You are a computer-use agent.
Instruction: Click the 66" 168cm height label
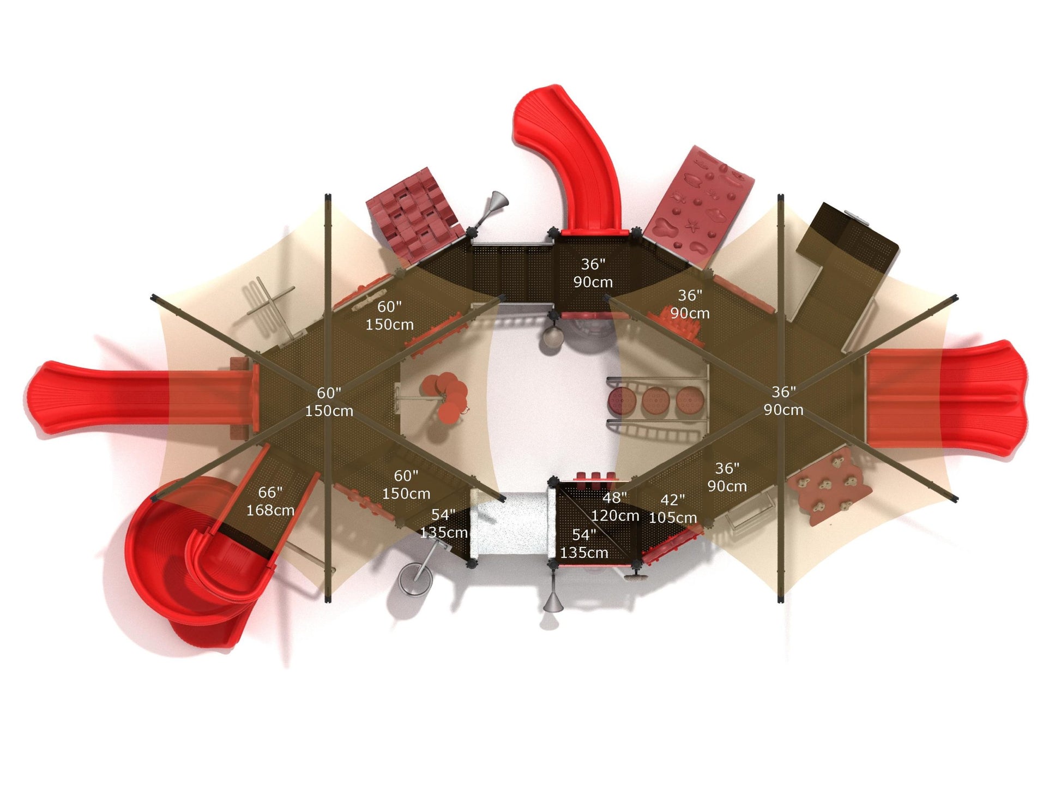tap(270, 501)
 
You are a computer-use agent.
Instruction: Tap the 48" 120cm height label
tap(615, 506)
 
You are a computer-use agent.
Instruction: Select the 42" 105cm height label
tap(673, 509)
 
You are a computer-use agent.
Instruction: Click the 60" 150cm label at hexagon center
tap(329, 402)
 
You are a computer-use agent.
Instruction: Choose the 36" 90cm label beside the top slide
tap(593, 273)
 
